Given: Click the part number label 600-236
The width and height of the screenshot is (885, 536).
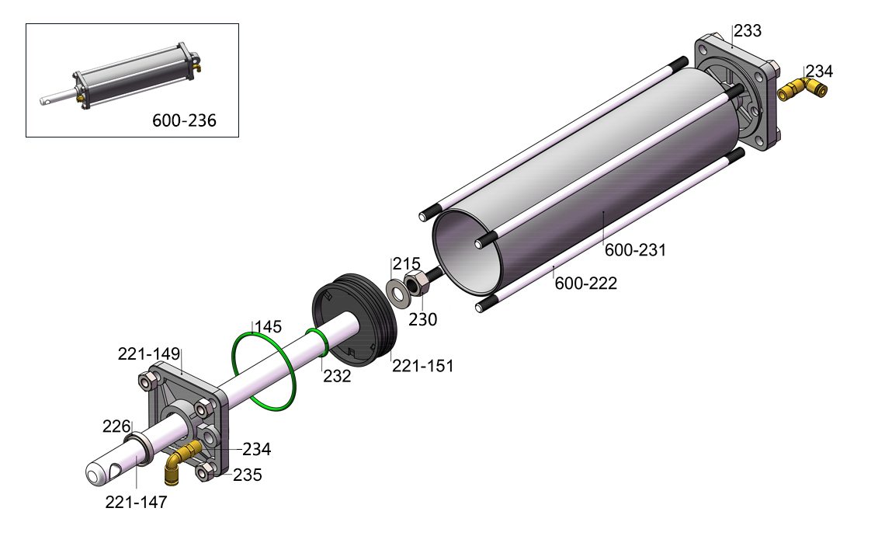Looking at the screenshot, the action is click(184, 120).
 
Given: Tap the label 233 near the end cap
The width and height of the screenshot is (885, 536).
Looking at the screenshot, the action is click(748, 30).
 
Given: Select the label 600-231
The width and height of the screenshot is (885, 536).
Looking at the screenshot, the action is click(636, 249).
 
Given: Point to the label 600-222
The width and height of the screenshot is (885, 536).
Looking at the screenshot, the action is click(586, 283).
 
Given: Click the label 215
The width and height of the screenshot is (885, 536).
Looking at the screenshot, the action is click(406, 264).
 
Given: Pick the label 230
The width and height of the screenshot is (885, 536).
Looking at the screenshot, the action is click(423, 320).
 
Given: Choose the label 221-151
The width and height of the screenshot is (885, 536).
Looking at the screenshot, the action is click(423, 366).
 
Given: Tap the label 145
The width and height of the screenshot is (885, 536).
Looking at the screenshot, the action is click(268, 327).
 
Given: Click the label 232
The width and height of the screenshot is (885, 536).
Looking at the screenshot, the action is click(337, 376).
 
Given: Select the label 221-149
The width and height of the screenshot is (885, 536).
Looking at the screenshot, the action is click(149, 354).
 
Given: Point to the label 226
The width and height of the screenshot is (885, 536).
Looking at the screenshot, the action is click(116, 426).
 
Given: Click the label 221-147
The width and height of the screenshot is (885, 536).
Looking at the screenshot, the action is click(136, 502).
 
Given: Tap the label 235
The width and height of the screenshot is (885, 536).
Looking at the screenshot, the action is click(247, 475).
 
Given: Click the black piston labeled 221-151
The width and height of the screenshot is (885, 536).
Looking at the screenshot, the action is click(355, 321).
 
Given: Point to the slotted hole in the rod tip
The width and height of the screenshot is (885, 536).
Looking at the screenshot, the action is click(118, 468).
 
